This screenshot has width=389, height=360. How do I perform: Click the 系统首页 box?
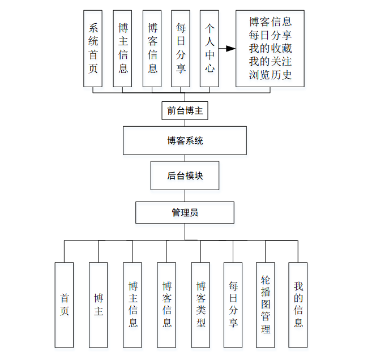click(93, 49)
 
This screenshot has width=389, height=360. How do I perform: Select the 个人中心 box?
click(210, 49)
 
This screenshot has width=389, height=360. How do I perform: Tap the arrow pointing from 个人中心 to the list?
click(228, 49)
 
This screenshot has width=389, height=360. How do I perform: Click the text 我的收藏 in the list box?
click(270, 48)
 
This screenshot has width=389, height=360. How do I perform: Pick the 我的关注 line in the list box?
click(270, 61)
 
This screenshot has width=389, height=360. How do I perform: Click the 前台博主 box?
click(185, 111)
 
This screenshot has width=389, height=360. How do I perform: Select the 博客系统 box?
click(185, 140)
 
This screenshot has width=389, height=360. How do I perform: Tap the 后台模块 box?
click(185, 175)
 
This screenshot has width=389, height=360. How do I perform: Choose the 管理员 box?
click(185, 213)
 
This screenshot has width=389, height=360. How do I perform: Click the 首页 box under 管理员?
click(64, 305)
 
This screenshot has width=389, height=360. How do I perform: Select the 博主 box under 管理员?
click(99, 305)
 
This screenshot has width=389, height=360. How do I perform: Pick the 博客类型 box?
click(201, 305)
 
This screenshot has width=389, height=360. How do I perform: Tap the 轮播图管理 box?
click(266, 305)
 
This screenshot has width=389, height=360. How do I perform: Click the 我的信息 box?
click(298, 305)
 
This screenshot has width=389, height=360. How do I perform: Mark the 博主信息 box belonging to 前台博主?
click(123, 49)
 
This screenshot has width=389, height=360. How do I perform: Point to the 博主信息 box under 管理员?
click(133, 305)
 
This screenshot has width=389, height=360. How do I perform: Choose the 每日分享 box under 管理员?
click(233, 305)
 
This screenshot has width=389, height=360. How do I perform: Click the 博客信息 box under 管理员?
click(167, 305)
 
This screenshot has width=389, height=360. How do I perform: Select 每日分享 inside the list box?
click(270, 35)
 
